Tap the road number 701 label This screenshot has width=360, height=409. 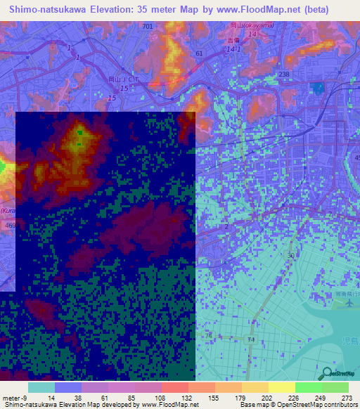(146, 26)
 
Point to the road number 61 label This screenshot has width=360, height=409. (199, 53)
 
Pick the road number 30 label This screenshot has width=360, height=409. (290, 255)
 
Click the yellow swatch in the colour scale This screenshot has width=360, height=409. (281, 387)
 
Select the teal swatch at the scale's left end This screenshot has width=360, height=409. (41, 387)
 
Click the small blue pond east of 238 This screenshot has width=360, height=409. (319, 89)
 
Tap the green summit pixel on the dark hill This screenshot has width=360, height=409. (79, 132)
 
